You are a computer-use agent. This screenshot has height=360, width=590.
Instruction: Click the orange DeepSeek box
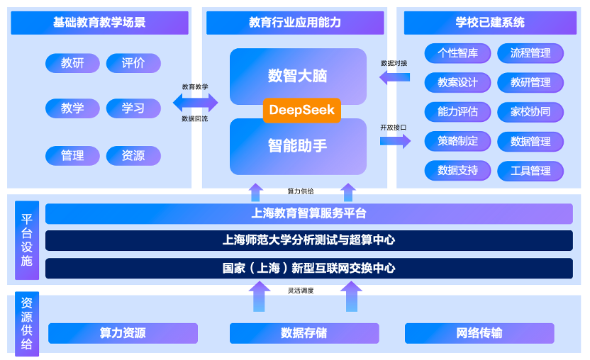point(302,111)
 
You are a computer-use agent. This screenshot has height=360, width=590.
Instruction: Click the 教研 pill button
point(72,63)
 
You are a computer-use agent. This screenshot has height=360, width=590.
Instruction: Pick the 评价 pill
point(133,63)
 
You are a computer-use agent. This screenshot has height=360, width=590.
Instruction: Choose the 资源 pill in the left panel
point(133,155)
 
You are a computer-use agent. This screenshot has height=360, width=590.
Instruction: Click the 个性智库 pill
point(457,53)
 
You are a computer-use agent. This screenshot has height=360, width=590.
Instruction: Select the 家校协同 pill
point(530,112)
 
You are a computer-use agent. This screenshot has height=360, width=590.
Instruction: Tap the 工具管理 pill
point(530,171)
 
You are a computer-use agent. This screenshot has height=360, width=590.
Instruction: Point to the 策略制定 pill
point(457,141)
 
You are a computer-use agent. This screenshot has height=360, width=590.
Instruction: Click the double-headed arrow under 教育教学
point(195,102)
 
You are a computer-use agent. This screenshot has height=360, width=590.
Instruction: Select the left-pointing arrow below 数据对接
point(394,77)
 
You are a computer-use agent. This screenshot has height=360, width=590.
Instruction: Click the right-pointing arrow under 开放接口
point(395,141)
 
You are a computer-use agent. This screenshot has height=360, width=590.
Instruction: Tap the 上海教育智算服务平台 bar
point(309,214)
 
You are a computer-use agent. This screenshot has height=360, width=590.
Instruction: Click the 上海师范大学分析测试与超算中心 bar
point(309,240)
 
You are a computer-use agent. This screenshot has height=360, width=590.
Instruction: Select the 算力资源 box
point(123,333)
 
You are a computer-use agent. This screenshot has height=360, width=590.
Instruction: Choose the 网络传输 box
point(479,333)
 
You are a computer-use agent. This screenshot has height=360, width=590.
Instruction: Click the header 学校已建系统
point(490,23)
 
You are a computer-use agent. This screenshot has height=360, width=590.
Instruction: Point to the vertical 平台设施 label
point(27,240)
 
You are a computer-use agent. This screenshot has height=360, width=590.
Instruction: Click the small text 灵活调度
point(301,291)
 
